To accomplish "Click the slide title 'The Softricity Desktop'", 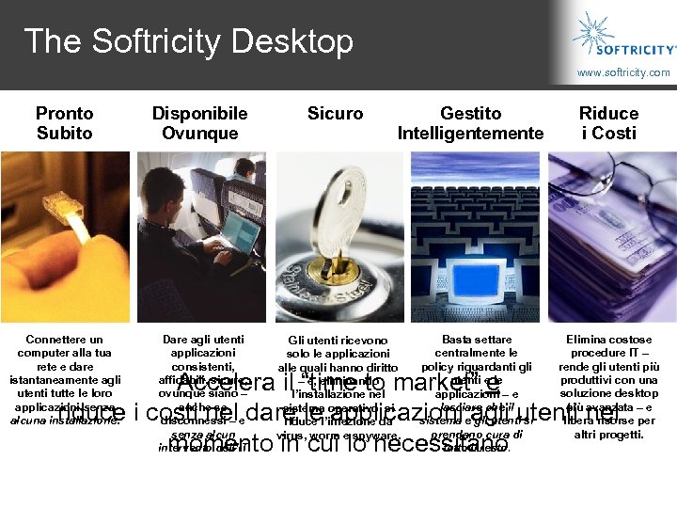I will (x=188, y=41).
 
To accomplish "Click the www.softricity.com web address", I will (x=623, y=72).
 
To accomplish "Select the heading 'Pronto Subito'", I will (x=65, y=123).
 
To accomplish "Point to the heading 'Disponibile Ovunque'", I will (x=199, y=123).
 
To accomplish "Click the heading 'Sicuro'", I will (x=335, y=114).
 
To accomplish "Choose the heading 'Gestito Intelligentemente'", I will (x=470, y=123).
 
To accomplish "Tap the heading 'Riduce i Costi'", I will (x=608, y=123).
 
